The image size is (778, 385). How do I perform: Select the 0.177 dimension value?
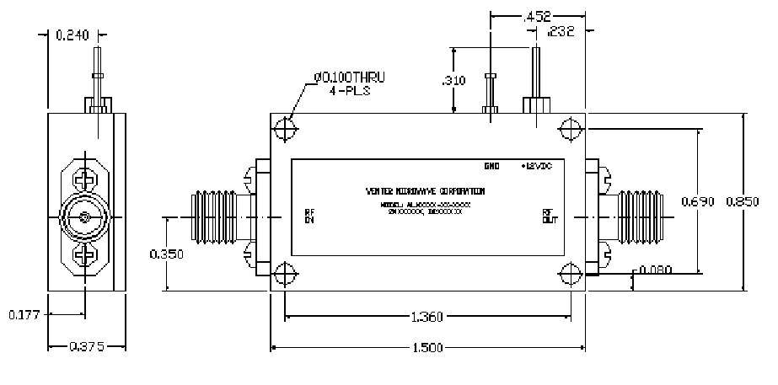(x=24, y=315)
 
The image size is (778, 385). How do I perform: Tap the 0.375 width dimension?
(x=87, y=347)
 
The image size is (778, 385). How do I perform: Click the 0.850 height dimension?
(x=743, y=201)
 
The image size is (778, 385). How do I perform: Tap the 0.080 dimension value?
(x=657, y=270)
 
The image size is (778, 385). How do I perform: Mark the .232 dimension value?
(x=561, y=33)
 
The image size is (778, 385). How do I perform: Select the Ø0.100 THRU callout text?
(x=349, y=78)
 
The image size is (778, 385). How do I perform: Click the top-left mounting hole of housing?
(x=287, y=131)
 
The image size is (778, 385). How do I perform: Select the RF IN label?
(x=309, y=217)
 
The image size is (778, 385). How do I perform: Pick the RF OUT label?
(x=548, y=217)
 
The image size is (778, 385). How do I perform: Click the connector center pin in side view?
(x=86, y=218)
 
